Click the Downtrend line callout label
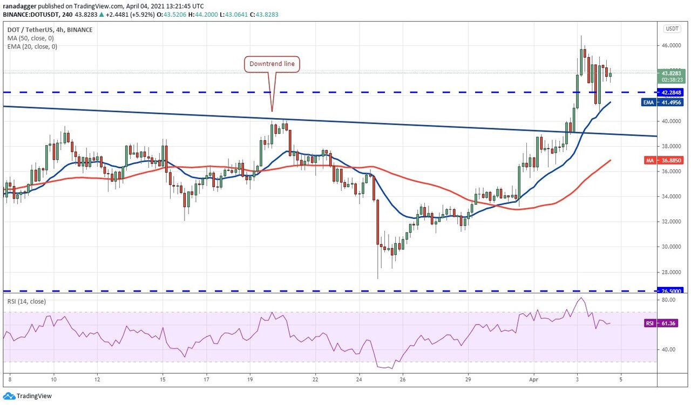click(272, 64)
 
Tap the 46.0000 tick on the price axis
click(671, 46)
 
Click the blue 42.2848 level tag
click(672, 92)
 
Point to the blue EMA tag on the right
click(649, 102)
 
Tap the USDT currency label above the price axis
click(672, 29)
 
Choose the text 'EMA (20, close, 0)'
click(33, 46)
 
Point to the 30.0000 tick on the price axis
click(671, 247)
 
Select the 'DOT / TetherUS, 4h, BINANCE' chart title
click(49, 30)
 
